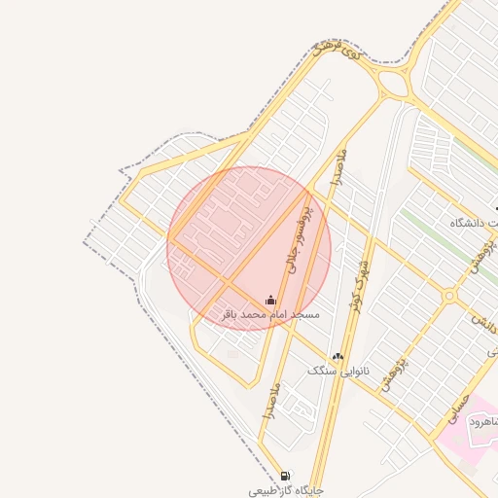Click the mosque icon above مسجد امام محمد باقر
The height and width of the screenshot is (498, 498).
pyautogui.click(x=270, y=300)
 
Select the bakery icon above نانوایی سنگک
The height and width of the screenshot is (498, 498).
pyautogui.click(x=338, y=357)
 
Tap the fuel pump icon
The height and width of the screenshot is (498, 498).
pyautogui.click(x=284, y=476)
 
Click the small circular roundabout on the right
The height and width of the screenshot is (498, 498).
pyautogui.click(x=449, y=295)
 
